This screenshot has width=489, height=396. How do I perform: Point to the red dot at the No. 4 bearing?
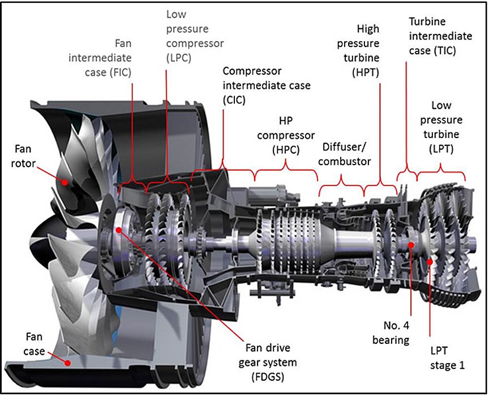tap(410, 244)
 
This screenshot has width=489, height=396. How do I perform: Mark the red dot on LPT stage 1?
tap(431, 261)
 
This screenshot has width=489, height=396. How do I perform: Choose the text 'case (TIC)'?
tap(432, 51)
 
